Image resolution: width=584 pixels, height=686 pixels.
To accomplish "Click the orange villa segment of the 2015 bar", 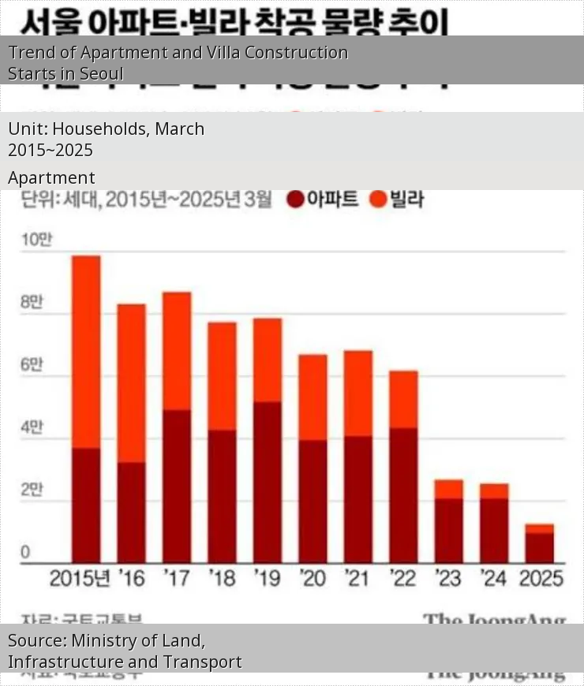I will (86, 352).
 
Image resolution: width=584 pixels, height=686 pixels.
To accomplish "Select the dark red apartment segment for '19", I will (268, 482).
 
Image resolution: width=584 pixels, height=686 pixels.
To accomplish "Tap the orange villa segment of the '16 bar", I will (132, 382).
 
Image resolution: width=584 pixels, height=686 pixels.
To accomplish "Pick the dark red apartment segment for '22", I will (403, 495).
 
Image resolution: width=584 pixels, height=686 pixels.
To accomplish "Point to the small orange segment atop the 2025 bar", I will (540, 528).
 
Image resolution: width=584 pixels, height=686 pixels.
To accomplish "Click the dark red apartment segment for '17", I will (177, 486).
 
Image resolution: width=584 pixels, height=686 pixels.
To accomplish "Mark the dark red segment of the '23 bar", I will (448, 530).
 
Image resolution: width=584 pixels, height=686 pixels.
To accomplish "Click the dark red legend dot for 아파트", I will (296, 199).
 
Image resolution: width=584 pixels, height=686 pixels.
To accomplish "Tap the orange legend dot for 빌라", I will (379, 199).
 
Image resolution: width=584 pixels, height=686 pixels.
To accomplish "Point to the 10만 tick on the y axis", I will (36, 240).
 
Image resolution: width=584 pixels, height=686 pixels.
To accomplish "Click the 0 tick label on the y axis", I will (25, 552).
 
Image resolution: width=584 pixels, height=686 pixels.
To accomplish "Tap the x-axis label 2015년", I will (80, 578).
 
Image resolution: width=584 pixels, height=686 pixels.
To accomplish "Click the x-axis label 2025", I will (541, 578).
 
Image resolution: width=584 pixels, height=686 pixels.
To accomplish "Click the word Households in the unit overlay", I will (99, 129).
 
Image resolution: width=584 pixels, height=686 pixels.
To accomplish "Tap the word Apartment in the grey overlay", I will (51, 178).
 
